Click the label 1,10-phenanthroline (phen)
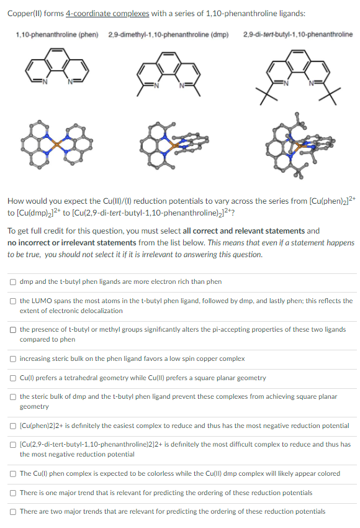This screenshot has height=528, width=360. click(57, 34)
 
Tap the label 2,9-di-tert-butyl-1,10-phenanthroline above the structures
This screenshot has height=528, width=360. click(299, 34)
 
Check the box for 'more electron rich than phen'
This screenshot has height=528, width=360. click(13, 281)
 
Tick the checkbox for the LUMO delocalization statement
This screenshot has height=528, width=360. click(13, 301)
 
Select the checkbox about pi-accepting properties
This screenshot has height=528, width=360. click(13, 330)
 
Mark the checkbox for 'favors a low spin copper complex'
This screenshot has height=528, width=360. click(13, 358)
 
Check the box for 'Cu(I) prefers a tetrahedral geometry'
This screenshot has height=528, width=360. click(13, 378)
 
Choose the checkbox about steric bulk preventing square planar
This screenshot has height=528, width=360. click(13, 396)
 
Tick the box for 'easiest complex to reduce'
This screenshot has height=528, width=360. click(13, 426)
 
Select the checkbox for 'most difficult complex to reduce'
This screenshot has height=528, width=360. click(13, 444)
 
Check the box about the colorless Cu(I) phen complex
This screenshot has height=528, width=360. click(13, 473)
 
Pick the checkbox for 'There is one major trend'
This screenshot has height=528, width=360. click(13, 493)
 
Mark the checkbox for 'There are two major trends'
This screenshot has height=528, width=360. click(13, 511)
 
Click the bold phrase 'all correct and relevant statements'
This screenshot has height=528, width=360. click(243, 230)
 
